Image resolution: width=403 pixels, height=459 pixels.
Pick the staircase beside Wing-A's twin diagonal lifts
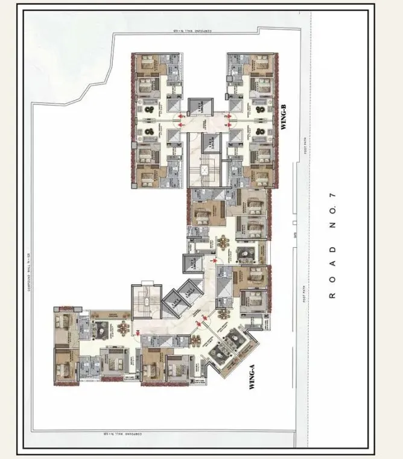145,299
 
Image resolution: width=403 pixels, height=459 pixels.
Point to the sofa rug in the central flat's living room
246,254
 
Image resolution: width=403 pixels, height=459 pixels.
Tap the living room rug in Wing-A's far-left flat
100,329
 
